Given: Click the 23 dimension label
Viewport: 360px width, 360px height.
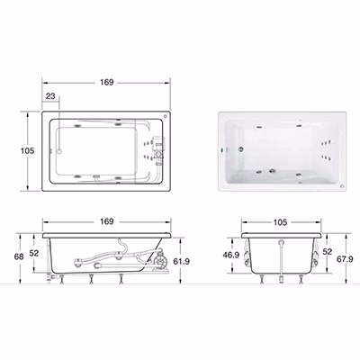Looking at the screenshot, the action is (x=50, y=96).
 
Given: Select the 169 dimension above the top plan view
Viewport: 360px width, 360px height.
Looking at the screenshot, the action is (x=106, y=82).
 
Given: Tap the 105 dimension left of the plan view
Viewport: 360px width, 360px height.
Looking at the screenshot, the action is (x=27, y=150).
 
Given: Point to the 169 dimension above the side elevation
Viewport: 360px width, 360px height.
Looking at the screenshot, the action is (x=107, y=221).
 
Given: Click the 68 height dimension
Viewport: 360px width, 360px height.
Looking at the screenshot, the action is (x=20, y=257).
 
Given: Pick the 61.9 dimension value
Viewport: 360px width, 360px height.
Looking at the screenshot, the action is (x=181, y=261).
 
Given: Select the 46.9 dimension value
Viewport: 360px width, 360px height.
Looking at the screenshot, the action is (x=231, y=255).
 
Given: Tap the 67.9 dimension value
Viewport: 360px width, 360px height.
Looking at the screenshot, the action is (x=344, y=259).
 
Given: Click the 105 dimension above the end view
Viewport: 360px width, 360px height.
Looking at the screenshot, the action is (x=280, y=222).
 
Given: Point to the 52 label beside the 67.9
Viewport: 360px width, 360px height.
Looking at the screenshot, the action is (x=327, y=251).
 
